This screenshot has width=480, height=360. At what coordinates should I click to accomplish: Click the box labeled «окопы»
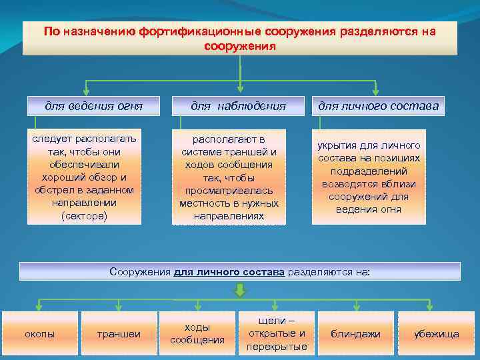39,333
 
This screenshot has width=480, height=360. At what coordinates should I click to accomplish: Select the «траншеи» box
119,333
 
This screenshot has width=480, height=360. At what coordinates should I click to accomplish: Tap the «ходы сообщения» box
197,333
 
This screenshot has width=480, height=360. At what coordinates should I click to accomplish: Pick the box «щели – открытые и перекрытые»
277,333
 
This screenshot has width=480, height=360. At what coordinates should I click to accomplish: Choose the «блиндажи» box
356,333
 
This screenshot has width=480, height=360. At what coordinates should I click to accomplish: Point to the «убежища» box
437,333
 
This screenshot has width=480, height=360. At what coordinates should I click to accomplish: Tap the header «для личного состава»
378,105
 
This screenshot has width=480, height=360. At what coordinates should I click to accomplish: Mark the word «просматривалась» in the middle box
229,191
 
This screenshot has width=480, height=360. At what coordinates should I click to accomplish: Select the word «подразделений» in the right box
378,171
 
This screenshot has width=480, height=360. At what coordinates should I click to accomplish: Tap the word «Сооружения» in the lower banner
139,272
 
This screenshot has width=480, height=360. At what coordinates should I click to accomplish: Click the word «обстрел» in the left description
55,191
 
